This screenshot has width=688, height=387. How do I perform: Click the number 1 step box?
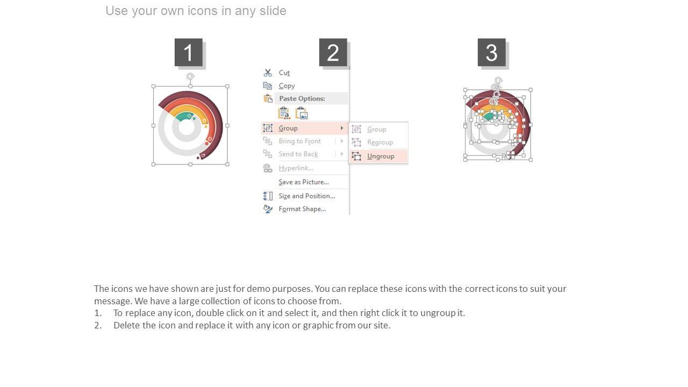(x=189, y=52)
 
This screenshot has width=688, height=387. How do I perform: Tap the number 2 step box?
(x=333, y=52)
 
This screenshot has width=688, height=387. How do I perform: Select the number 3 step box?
(x=492, y=52)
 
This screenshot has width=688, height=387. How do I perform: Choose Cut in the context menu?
(x=284, y=73)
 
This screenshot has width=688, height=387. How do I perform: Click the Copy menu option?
(x=286, y=85)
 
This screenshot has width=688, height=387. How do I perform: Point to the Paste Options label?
(x=302, y=98)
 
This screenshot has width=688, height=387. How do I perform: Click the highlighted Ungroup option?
(x=381, y=156)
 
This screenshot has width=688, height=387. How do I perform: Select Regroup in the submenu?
(x=380, y=142)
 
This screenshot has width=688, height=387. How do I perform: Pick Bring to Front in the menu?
(x=300, y=141)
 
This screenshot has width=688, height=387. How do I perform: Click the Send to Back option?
(x=298, y=154)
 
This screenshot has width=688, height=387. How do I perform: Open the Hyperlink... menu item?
(x=296, y=168)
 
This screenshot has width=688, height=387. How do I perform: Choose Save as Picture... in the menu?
(x=304, y=182)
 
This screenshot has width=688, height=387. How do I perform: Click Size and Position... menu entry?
(x=307, y=196)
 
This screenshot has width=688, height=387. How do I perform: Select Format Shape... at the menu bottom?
(x=302, y=209)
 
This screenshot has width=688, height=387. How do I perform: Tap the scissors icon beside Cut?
(x=268, y=73)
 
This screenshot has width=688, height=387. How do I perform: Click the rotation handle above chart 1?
(x=190, y=76)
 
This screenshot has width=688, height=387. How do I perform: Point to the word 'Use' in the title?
(x=117, y=11)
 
